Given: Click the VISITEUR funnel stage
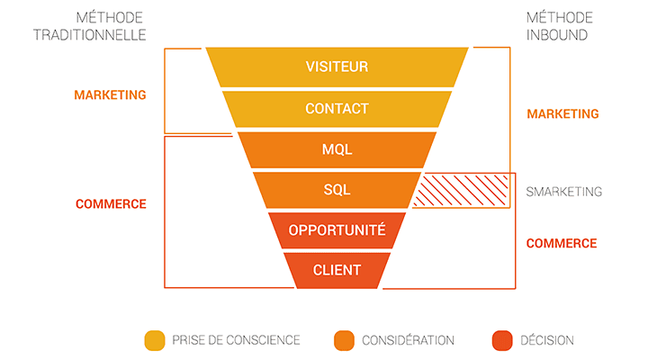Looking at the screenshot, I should (x=337, y=67).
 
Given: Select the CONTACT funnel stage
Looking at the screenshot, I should (x=337, y=109).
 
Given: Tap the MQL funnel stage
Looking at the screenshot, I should (x=337, y=149).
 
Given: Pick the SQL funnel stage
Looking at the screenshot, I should (x=337, y=190).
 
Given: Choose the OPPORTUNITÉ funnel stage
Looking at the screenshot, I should (x=337, y=230).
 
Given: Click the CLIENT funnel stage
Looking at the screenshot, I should (x=337, y=270).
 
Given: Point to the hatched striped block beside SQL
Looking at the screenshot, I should (x=462, y=191).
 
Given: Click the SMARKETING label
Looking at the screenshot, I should (x=563, y=192).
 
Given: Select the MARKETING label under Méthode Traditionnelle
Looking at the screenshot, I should (x=110, y=94).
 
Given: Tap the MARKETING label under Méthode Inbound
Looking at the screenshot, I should (x=562, y=114).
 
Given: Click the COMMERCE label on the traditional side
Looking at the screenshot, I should (x=110, y=204).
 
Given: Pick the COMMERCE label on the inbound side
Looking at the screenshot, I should (x=561, y=244).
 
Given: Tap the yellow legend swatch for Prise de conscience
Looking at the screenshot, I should (x=154, y=340).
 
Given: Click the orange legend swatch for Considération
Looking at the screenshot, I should (x=343, y=340).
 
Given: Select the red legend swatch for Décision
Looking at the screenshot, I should (x=501, y=340).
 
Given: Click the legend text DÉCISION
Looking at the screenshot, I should (x=546, y=340).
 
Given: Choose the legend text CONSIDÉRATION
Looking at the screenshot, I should (x=408, y=340).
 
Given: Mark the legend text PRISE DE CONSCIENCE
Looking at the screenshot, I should (x=235, y=340).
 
